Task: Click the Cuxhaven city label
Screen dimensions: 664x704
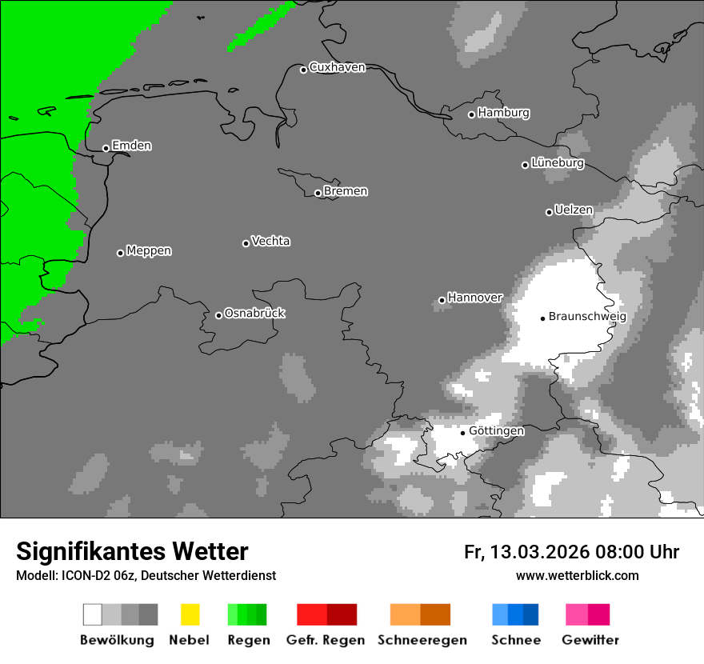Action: pyautogui.click(x=337, y=67)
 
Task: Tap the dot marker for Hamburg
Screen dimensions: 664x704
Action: pyautogui.click(x=471, y=114)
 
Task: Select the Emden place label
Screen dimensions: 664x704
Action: pyautogui.click(x=131, y=146)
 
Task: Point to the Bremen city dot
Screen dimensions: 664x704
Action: pyautogui.click(x=318, y=193)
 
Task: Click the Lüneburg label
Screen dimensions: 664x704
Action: pyautogui.click(x=558, y=162)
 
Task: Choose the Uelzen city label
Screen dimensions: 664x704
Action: pyautogui.click(x=574, y=210)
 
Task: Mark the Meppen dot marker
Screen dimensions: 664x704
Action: pyautogui.click(x=120, y=253)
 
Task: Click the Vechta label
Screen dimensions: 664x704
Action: pyautogui.click(x=270, y=241)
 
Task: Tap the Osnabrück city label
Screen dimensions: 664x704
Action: pyautogui.click(x=254, y=313)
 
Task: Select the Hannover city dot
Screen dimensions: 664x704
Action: pyautogui.click(x=442, y=301)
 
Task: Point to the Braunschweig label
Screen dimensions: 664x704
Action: pyautogui.click(x=587, y=316)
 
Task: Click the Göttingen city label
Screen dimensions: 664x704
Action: pyautogui.click(x=496, y=430)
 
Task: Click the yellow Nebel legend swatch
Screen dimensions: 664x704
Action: pyautogui.click(x=190, y=614)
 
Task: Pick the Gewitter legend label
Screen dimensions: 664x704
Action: pyautogui.click(x=590, y=640)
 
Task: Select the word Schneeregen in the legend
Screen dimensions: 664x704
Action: pyautogui.click(x=422, y=640)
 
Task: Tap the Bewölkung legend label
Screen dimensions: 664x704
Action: pyautogui.click(x=117, y=640)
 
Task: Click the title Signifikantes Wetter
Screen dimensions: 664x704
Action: pyautogui.click(x=132, y=551)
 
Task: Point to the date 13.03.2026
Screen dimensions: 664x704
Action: pyautogui.click(x=540, y=552)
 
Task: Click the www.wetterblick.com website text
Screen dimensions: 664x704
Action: pyautogui.click(x=577, y=575)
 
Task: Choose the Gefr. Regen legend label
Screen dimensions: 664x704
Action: pyautogui.click(x=326, y=640)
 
